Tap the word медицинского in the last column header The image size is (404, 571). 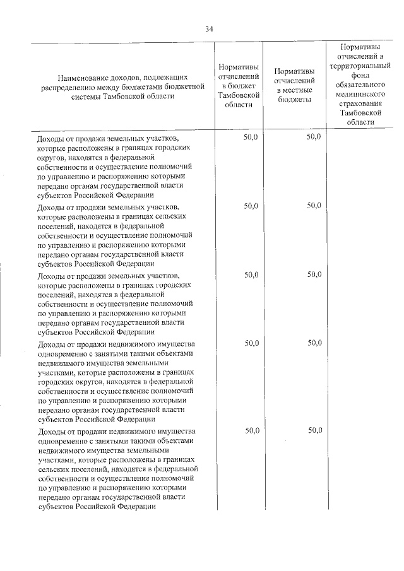tap(360, 93)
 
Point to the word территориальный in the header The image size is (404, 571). tap(360, 66)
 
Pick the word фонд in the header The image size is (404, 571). tap(360, 74)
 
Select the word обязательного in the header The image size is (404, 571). tap(360, 84)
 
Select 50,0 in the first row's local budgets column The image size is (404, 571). tap(314, 136)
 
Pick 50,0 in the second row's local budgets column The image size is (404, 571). tap(314, 206)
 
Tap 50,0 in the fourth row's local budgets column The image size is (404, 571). tap(314, 343)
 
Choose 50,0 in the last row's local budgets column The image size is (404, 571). tap(314, 430)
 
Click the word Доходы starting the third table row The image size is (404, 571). tap(51, 276)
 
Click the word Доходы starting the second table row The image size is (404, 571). tap(51, 207)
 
